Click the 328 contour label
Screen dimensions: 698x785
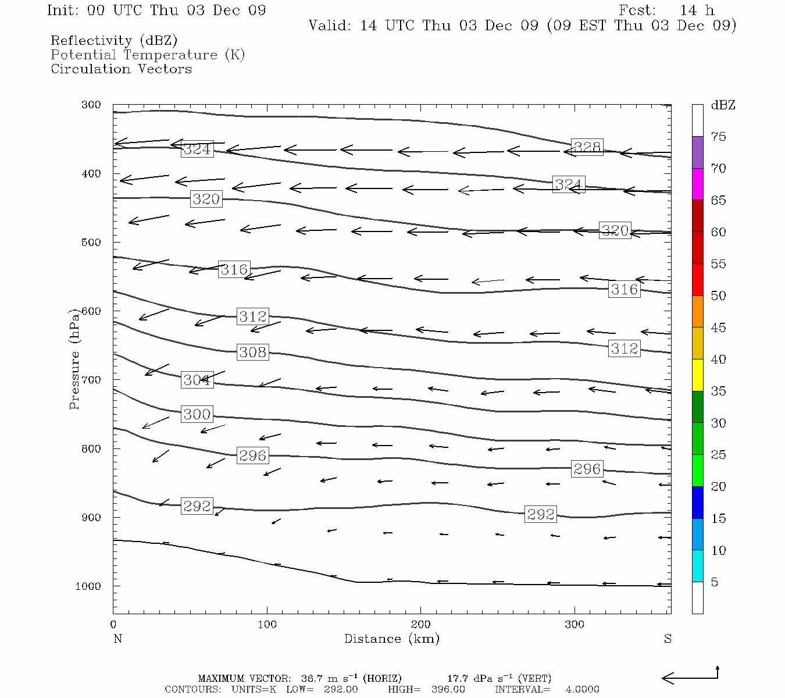pyautogui.click(x=587, y=147)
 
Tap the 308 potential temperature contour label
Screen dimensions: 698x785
pyautogui.click(x=253, y=352)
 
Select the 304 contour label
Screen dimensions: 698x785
pyautogui.click(x=197, y=380)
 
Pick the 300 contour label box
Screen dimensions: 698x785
pyautogui.click(x=197, y=414)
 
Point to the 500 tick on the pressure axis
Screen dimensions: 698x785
pyautogui.click(x=92, y=243)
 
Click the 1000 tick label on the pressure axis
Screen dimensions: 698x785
pyautogui.click(x=88, y=586)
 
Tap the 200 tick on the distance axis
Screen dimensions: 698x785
pyautogui.click(x=421, y=625)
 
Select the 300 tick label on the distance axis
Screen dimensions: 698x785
pyautogui.click(x=575, y=625)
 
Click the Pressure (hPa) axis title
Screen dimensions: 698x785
pyautogui.click(x=74, y=359)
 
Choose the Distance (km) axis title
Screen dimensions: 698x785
pyautogui.click(x=392, y=639)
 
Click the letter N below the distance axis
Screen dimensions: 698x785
pyautogui.click(x=117, y=639)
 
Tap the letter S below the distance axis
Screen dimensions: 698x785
pyautogui.click(x=668, y=639)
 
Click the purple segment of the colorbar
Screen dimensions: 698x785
pyautogui.click(x=697, y=152)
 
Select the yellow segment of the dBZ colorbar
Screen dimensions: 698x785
pyautogui.click(x=697, y=375)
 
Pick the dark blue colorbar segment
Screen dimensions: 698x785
pyautogui.click(x=697, y=502)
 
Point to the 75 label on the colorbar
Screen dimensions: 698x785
pyautogui.click(x=719, y=137)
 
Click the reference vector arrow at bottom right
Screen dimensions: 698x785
pyautogui.click(x=690, y=676)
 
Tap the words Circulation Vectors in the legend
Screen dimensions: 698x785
pyautogui.click(x=121, y=69)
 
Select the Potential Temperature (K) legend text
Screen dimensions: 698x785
pyautogui.click(x=148, y=55)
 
